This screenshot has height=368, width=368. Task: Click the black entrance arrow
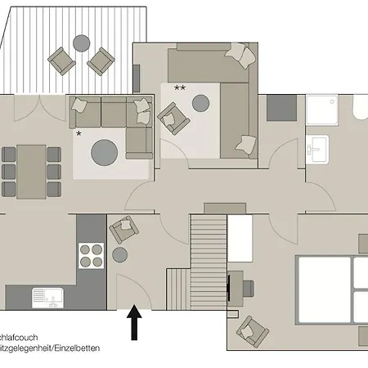pos(134,324)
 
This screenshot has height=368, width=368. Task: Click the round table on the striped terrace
pos(81,42)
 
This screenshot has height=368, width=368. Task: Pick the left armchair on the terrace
pos(61,59)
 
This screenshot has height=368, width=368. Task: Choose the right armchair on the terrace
pos(101,59)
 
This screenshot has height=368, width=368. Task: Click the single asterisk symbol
pos(79,133)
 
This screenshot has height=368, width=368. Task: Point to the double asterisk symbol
pos(180,88)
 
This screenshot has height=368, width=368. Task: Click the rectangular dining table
pos(32,164)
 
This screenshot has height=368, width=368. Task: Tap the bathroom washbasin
pos(317,149)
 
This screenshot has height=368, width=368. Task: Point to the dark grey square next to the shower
pos(282,107)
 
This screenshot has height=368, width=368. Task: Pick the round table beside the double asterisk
pos(201,102)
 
